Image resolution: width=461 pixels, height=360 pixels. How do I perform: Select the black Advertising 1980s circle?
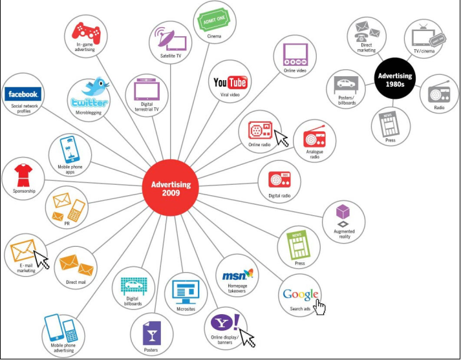point(394,81)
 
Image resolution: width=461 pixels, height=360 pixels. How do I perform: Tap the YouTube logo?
point(230,83)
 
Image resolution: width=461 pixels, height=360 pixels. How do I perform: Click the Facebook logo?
point(23,94)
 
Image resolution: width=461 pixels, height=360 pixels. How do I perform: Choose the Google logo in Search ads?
point(300,295)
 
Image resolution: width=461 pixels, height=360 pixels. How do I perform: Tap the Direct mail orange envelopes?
point(74,263)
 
